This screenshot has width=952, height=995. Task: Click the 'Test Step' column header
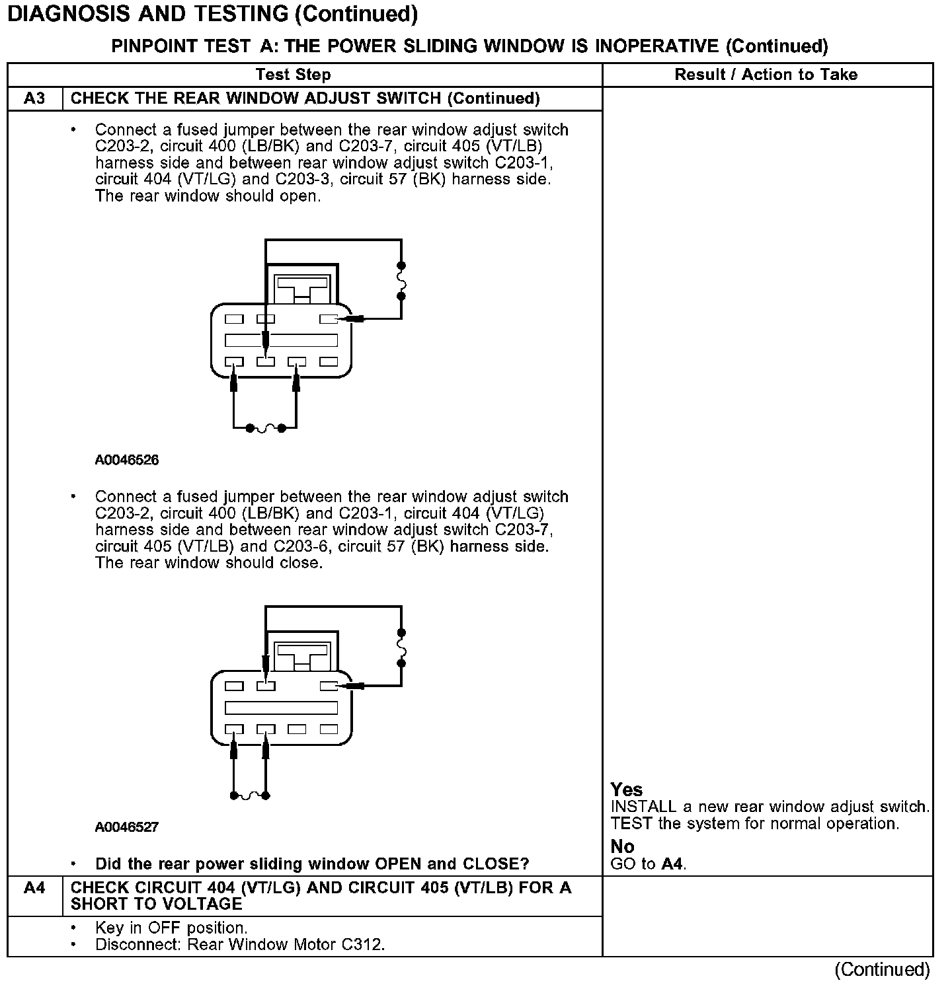click(x=293, y=75)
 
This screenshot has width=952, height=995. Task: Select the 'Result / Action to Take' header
click(x=766, y=75)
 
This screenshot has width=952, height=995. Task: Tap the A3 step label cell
click(x=34, y=98)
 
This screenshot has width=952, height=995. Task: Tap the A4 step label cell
click(x=34, y=888)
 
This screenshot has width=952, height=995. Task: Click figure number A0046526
click(x=127, y=460)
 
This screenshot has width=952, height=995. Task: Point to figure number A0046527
click(x=127, y=827)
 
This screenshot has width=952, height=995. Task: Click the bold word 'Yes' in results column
click(x=626, y=790)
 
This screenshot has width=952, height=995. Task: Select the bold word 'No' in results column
click(x=622, y=846)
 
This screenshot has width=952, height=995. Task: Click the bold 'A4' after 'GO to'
click(x=672, y=864)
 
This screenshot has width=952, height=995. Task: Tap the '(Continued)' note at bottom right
click(x=882, y=969)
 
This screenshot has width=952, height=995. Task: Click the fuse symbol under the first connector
click(x=265, y=428)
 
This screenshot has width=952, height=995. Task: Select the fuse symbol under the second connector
click(x=249, y=795)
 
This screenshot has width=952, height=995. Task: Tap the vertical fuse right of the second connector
click(x=401, y=647)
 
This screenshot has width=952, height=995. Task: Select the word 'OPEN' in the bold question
click(x=398, y=864)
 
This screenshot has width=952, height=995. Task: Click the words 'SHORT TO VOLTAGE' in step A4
click(x=156, y=904)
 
